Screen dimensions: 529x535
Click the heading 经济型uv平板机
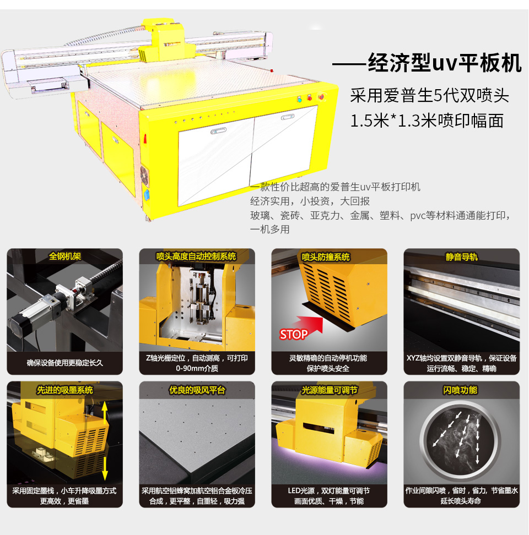(x=445, y=63)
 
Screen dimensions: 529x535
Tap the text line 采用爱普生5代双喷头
(x=430, y=96)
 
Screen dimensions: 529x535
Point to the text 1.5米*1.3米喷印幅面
(x=427, y=121)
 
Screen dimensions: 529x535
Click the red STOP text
(x=294, y=335)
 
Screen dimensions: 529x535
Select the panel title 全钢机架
(x=65, y=256)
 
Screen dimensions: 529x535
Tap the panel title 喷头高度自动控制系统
(x=196, y=256)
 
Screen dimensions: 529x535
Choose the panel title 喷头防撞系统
(x=326, y=257)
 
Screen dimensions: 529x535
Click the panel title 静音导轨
(x=461, y=256)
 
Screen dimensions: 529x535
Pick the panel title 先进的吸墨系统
(x=65, y=390)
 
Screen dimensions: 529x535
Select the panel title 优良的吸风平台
(x=197, y=390)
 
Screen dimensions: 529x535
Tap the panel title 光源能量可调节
(x=330, y=390)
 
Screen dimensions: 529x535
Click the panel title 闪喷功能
(x=460, y=390)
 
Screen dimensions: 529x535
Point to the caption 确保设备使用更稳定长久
(x=65, y=363)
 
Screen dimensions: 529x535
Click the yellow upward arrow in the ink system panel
(x=105, y=413)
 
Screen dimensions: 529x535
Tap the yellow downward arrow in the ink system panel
(x=105, y=467)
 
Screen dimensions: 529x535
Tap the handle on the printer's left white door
(x=218, y=131)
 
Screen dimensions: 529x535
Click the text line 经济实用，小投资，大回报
(x=310, y=201)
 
